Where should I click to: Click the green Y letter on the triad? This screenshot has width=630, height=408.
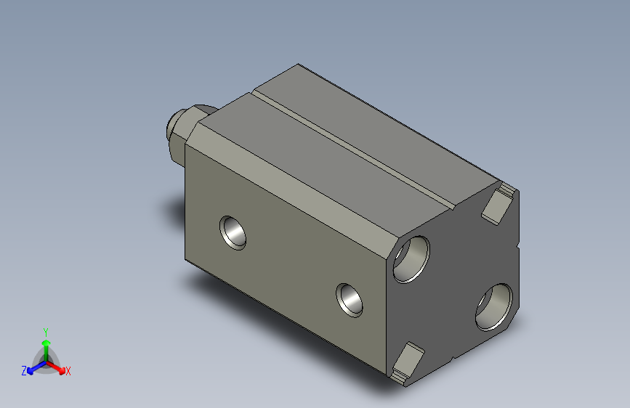pos(45,330)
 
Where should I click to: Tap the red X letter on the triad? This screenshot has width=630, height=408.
pos(68,371)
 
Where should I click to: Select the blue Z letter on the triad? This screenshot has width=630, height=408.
pos(24,370)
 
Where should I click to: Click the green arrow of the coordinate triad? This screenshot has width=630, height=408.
pos(45,344)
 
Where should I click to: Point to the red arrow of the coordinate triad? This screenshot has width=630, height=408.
pos(57,366)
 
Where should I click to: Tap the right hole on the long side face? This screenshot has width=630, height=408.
pos(350,299)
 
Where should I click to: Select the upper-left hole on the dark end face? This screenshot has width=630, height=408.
pos(411,258)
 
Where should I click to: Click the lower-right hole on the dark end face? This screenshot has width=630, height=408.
pos(494,306)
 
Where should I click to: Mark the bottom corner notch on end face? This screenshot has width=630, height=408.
pos(406,362)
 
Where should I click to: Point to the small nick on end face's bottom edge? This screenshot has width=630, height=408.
pos(453,358)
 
